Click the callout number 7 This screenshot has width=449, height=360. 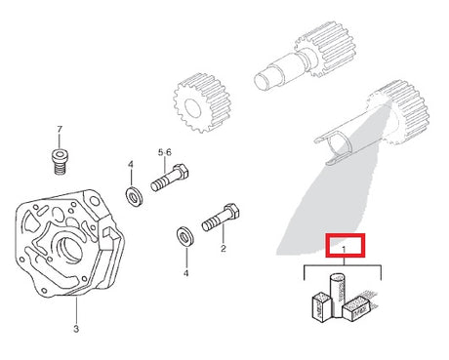tap(60, 130)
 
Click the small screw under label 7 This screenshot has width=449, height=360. tap(61, 162)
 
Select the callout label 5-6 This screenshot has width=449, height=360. tap(165, 152)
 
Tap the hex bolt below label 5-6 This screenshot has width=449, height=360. tap(170, 179)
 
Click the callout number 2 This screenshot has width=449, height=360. tap(224, 249)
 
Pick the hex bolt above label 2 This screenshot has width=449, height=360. tap(221, 218)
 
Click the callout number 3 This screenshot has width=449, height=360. tap(76, 329)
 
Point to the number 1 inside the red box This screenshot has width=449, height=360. tap(344, 250)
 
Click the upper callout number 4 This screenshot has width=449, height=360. tap(131, 165)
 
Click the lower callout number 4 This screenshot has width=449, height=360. tap(185, 273)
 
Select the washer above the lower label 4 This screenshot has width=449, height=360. tap(184, 236)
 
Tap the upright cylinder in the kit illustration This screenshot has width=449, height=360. tap(337, 296)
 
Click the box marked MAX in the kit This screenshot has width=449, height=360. tap(356, 308)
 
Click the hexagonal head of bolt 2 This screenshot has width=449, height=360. tap(232, 212)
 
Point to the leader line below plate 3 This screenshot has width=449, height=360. tap(77, 309)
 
